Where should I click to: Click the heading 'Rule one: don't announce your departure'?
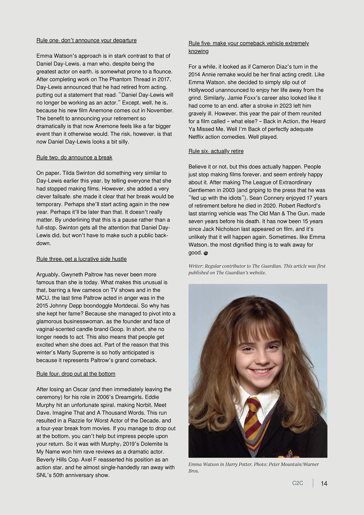tap(86, 40)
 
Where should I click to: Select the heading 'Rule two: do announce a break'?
tap(74, 157)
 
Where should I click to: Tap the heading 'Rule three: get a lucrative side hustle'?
tap(82, 259)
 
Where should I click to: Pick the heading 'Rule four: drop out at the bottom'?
tap(76, 374)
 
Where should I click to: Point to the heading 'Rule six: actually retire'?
tap(216, 151)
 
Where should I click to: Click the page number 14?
tap(324, 483)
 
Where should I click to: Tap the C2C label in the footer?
tap(297, 483)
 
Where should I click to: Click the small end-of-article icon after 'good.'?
tap(206, 253)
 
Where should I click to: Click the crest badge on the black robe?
tap(289, 454)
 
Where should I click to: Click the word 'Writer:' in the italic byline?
tap(196, 266)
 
